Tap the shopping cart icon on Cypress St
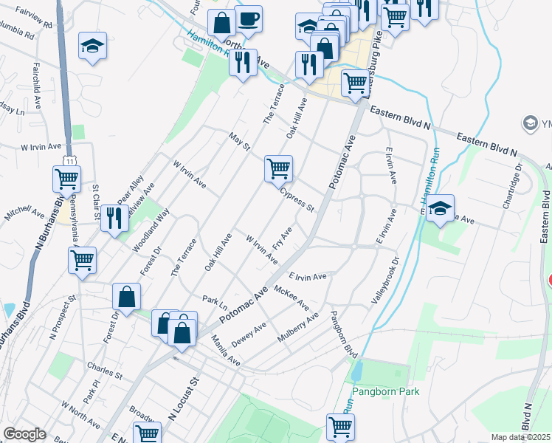279,169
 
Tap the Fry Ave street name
283,238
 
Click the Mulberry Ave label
297,327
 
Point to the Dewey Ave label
249,335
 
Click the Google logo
24,434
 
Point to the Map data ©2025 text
520,437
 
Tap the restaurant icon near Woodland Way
114,219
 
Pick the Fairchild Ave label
36,78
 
